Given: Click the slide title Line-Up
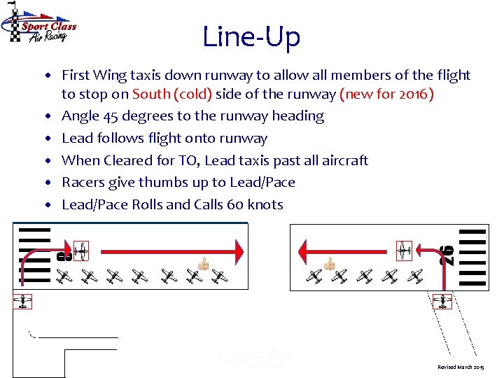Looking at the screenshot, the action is pos(251,36).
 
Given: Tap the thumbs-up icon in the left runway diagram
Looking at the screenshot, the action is pos(204,264).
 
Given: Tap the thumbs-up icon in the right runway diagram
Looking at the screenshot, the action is pos(329,264).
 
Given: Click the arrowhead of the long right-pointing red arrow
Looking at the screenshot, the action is pos(239,249).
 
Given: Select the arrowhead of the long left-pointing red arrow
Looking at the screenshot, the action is pos(304,249).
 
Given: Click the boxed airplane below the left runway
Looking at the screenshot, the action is pos(22,302).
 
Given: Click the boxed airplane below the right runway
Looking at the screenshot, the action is pos(442,302).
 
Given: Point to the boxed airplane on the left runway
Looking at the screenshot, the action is pos(80,249).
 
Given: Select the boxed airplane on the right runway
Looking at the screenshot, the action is pos(404,249).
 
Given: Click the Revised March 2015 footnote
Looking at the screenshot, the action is pos(460,367).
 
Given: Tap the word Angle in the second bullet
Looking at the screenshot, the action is pos(80,116).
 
